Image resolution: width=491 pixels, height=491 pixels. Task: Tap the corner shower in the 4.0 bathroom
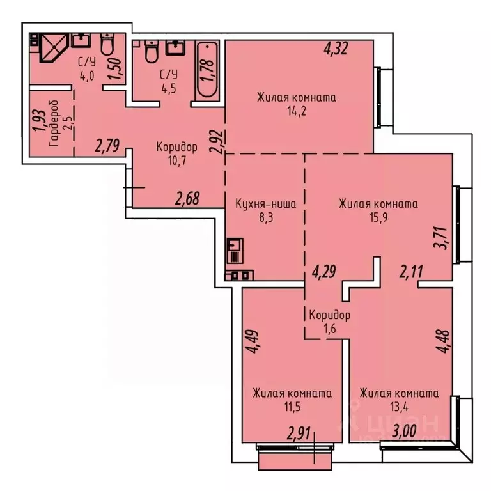coord(50,49)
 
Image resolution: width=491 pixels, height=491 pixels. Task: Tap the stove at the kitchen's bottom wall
coord(239,276)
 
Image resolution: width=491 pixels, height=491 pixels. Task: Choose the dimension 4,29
coord(324,273)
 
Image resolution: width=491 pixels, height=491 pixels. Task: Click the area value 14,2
coord(297,111)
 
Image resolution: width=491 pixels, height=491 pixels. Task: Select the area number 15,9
coord(378,219)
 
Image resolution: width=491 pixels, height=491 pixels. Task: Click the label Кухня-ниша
coord(265,205)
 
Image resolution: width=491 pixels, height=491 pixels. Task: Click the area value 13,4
coord(398,407)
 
